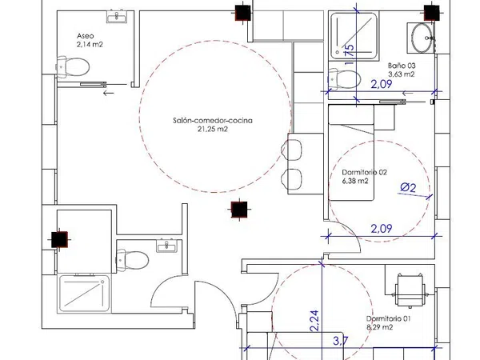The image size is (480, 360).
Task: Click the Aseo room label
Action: point(86,36)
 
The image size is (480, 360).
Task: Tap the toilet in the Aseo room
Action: point(73,66)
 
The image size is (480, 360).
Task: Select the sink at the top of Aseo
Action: point(116,16)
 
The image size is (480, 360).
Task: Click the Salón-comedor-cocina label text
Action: point(213,120)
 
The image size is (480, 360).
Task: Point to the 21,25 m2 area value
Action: point(213,129)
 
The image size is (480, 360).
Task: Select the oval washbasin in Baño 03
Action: point(422,38)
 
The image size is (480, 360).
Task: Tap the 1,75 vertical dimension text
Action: point(350,55)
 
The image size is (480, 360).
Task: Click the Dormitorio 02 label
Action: point(364,172)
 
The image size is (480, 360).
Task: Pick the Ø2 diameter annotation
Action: point(408,187)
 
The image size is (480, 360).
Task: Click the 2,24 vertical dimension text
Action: point(314,321)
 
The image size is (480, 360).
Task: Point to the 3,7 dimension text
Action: point(341,341)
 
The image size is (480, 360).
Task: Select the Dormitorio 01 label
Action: point(389,318)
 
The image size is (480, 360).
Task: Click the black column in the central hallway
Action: point(239,210)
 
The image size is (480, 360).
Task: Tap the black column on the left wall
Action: point(59,239)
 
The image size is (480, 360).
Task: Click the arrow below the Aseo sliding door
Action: point(108,93)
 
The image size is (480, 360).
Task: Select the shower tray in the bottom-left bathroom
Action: point(84,294)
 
